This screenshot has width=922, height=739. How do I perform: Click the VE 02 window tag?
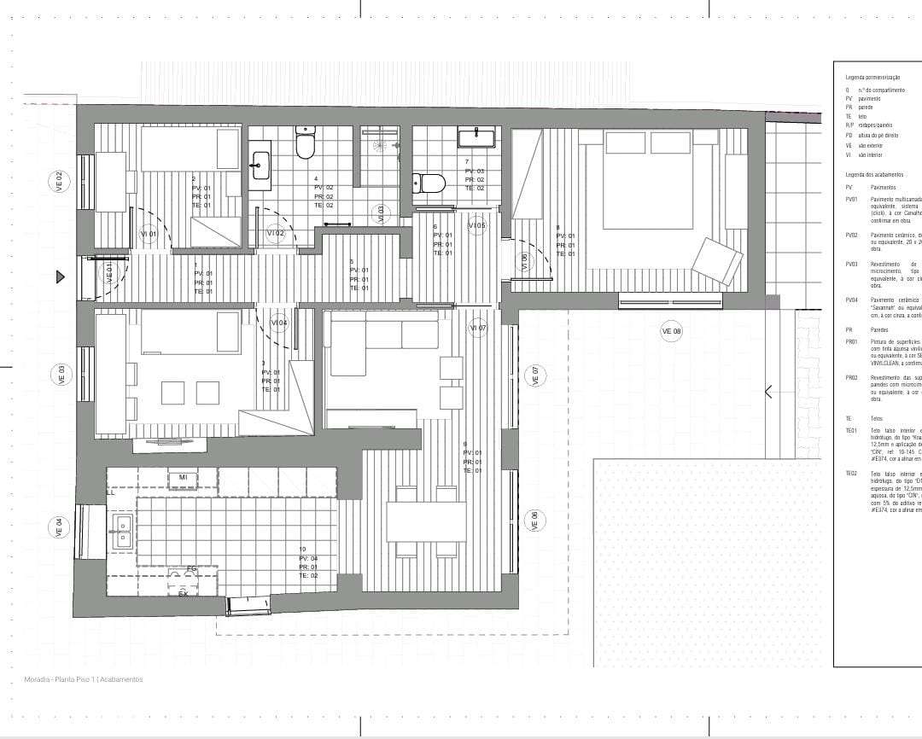click(x=59, y=181)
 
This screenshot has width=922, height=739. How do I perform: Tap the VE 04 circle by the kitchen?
click(x=59, y=527)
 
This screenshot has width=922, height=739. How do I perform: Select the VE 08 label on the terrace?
click(x=672, y=331)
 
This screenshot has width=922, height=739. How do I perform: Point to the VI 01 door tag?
click(x=149, y=234)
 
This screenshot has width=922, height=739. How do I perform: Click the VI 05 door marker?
click(x=476, y=225)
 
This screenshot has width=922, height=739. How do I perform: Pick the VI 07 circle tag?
click(x=477, y=328)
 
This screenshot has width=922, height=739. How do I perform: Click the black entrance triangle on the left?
click(x=61, y=276)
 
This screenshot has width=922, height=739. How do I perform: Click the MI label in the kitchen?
click(x=184, y=477)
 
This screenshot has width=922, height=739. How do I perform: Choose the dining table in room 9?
click(x=426, y=521)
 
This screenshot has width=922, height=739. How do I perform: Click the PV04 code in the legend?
click(x=850, y=300)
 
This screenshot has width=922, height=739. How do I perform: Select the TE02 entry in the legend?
click(x=850, y=473)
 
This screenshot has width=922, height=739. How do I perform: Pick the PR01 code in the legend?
click(x=850, y=341)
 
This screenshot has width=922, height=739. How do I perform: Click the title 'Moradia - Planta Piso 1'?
click(x=84, y=679)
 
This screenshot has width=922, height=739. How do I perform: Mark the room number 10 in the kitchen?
click(x=302, y=549)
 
